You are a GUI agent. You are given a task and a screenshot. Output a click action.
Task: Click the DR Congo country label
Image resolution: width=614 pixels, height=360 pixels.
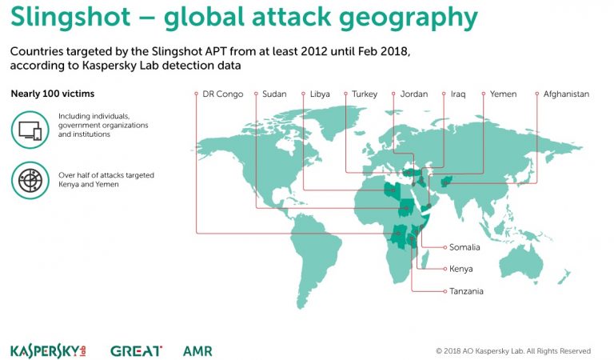223,94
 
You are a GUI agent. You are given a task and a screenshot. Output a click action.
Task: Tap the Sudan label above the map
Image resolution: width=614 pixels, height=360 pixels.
274,94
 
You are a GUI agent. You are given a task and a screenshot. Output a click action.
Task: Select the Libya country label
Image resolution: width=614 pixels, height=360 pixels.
320,94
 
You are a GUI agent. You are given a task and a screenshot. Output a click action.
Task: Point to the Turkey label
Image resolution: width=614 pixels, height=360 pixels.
365,94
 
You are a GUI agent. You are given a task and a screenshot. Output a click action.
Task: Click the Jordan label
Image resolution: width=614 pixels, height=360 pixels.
414,94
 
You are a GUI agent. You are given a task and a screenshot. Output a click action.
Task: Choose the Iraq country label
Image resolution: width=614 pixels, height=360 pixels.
458,94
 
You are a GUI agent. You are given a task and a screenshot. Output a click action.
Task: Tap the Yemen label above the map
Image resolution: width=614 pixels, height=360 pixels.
503,94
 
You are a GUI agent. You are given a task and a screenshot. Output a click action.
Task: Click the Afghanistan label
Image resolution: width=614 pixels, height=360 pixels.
566,94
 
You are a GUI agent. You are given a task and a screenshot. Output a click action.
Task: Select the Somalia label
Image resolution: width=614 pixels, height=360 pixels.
464,247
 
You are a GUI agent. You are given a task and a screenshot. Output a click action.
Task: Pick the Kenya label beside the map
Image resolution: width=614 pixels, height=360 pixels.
460,269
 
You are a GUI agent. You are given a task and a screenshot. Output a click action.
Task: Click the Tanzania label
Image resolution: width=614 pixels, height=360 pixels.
466,291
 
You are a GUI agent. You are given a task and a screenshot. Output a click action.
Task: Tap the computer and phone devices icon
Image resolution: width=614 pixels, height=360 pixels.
30,130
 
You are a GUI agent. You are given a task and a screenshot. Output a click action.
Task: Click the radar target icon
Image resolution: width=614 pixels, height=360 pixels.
30,180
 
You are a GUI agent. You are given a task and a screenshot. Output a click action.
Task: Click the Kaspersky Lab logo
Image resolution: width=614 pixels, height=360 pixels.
48,351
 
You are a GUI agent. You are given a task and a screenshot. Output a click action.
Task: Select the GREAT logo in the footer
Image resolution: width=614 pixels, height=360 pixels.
136,351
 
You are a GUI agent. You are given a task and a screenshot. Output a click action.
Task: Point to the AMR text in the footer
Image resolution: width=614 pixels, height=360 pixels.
197,351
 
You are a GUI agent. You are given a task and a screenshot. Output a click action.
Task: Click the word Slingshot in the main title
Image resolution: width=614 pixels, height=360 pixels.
70,18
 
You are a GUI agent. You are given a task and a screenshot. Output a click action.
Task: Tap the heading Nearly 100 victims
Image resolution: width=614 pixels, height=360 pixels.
53,94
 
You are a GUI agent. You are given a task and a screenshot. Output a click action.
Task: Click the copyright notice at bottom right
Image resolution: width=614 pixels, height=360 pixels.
513,350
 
